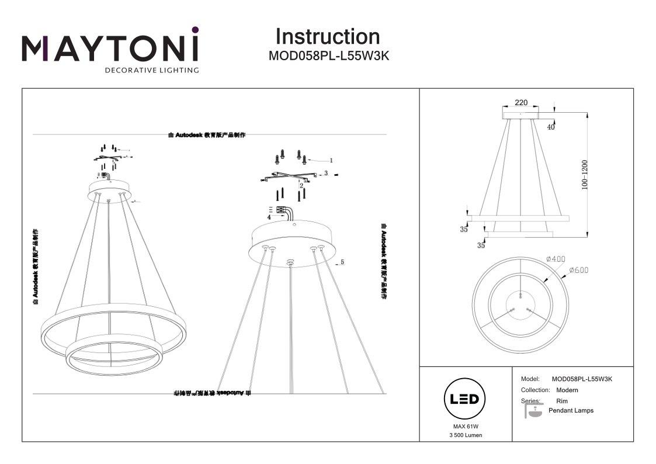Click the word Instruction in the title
pyautogui.click(x=327, y=36)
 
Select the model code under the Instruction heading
pyautogui.click(x=328, y=57)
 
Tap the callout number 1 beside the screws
pyautogui.click(x=331, y=160)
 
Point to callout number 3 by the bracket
pyautogui.click(x=326, y=174)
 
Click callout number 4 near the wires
pyautogui.click(x=268, y=217)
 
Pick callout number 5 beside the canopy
pyautogui.click(x=342, y=263)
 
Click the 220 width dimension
pyautogui.click(x=521, y=103)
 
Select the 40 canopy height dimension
pyautogui.click(x=551, y=127)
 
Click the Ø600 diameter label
pyautogui.click(x=578, y=271)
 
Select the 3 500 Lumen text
pyautogui.click(x=466, y=436)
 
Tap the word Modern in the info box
pyautogui.click(x=567, y=390)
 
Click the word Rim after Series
pyautogui.click(x=562, y=401)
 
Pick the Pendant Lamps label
pyautogui.click(x=571, y=411)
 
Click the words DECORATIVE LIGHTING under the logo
pyautogui.click(x=151, y=70)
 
